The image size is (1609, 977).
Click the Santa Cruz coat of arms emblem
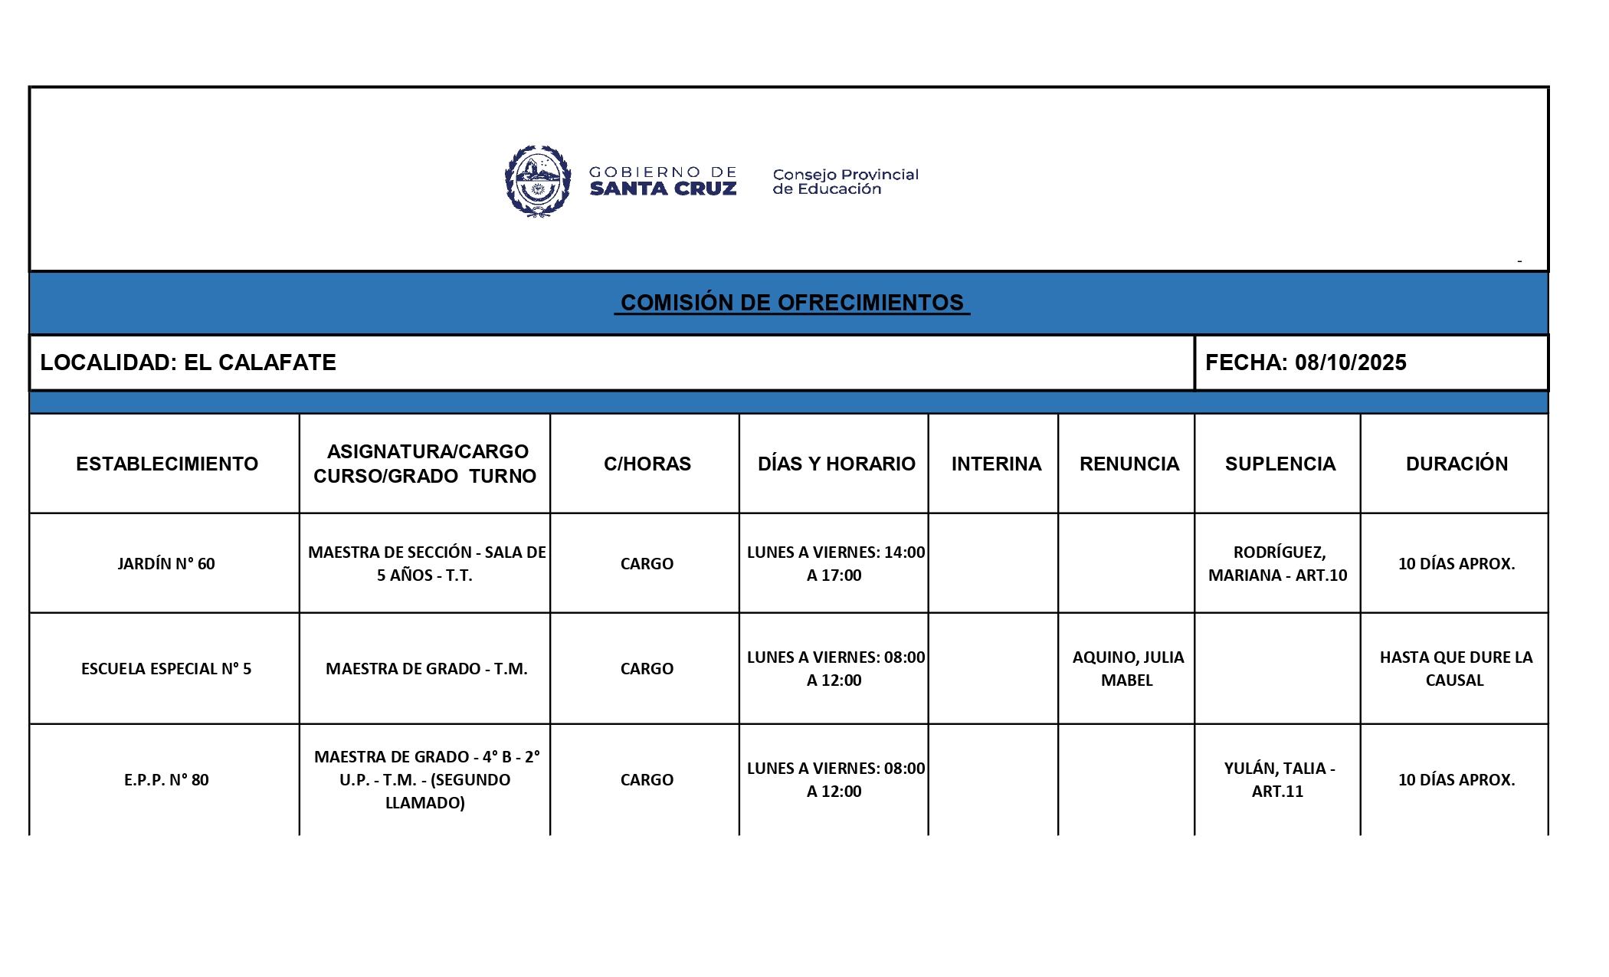pos(538,182)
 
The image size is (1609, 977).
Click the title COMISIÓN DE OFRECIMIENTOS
pos(791,303)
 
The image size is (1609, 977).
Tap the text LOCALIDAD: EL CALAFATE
pos(188,362)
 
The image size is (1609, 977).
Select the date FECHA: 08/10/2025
pos(1306,362)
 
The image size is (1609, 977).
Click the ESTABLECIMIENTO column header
pos(166,464)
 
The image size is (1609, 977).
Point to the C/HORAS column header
pos(647,464)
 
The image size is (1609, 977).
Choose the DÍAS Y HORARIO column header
pos(836,464)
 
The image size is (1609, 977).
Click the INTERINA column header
pos(996,464)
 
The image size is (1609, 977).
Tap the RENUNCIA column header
pos(1129,464)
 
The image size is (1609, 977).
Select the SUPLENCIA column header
pos(1280,464)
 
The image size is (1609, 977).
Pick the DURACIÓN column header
pos(1456,464)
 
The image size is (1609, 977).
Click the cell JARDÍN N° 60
pos(166,564)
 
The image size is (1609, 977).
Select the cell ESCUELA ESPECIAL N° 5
pos(166,669)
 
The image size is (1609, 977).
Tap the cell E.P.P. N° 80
pos(166,780)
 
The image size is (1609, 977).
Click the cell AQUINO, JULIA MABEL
pos(1127,668)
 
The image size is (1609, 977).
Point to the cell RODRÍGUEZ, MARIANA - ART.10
pos(1278,564)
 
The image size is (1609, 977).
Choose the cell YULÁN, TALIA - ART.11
pos(1278,779)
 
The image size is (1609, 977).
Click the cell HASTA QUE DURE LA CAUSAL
pos(1455,668)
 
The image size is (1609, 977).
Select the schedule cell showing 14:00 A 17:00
pos(835,564)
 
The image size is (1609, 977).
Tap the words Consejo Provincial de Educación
pos(844,182)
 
